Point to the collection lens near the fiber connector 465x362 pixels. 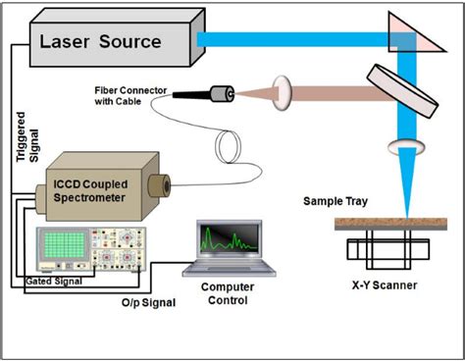point(283,94)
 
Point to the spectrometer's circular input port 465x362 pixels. point(157,184)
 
